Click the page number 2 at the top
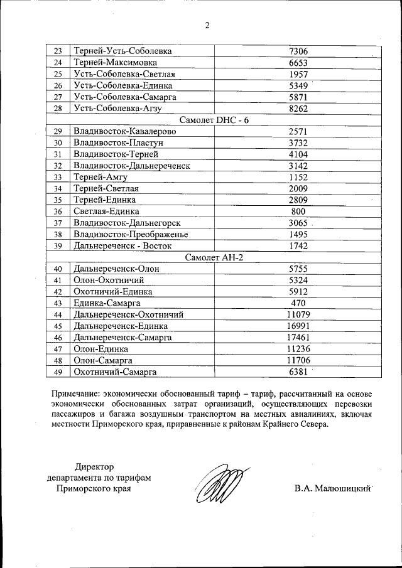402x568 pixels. [207, 26]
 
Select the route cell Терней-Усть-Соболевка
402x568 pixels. [122, 51]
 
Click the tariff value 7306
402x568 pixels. [298, 51]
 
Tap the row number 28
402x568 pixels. [58, 108]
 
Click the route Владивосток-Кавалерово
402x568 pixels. [124, 131]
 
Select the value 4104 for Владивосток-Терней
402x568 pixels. [298, 154]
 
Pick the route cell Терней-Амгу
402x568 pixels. [100, 177]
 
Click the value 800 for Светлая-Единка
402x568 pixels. [298, 212]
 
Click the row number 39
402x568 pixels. [58, 246]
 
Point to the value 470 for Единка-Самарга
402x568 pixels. [298, 303]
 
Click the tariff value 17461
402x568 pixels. [298, 338]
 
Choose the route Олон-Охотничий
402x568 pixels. [109, 280]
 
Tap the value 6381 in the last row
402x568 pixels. [298, 372]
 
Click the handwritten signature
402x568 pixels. [218, 483]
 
